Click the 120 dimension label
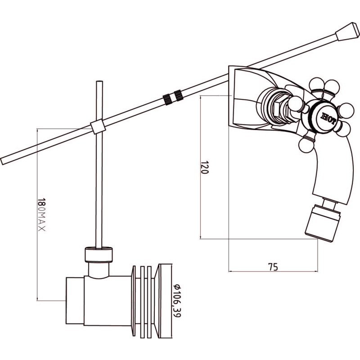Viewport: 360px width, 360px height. click(205, 167)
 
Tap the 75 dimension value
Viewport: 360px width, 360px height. click(273, 267)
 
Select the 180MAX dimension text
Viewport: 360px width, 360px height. click(41, 215)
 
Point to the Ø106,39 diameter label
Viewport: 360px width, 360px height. click(176, 301)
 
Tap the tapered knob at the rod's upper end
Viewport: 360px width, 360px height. click(347, 31)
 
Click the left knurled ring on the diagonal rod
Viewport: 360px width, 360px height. click(167, 99)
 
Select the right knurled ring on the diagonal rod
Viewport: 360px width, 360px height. click(179, 95)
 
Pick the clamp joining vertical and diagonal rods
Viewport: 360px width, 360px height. click(98, 126)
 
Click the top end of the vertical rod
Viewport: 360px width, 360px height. click(99, 81)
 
